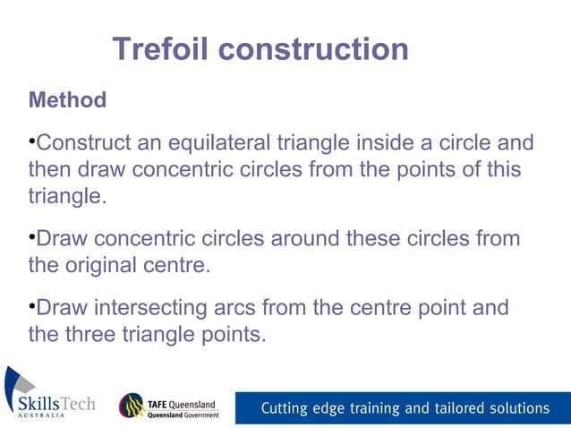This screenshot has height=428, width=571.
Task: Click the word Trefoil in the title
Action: point(162,49)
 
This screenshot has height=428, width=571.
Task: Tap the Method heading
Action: point(67,99)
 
